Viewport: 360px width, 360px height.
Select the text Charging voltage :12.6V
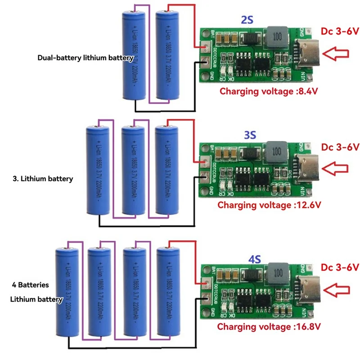[x=269, y=205]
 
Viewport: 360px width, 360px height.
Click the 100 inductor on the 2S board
[x=275, y=35]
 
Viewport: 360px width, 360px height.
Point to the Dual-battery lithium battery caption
[x=85, y=58]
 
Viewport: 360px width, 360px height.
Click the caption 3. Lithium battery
[x=43, y=179]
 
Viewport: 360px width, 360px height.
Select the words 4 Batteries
[x=31, y=285]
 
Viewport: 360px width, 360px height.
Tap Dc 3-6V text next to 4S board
[x=340, y=267]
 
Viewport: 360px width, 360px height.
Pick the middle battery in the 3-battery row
[x=134, y=171]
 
